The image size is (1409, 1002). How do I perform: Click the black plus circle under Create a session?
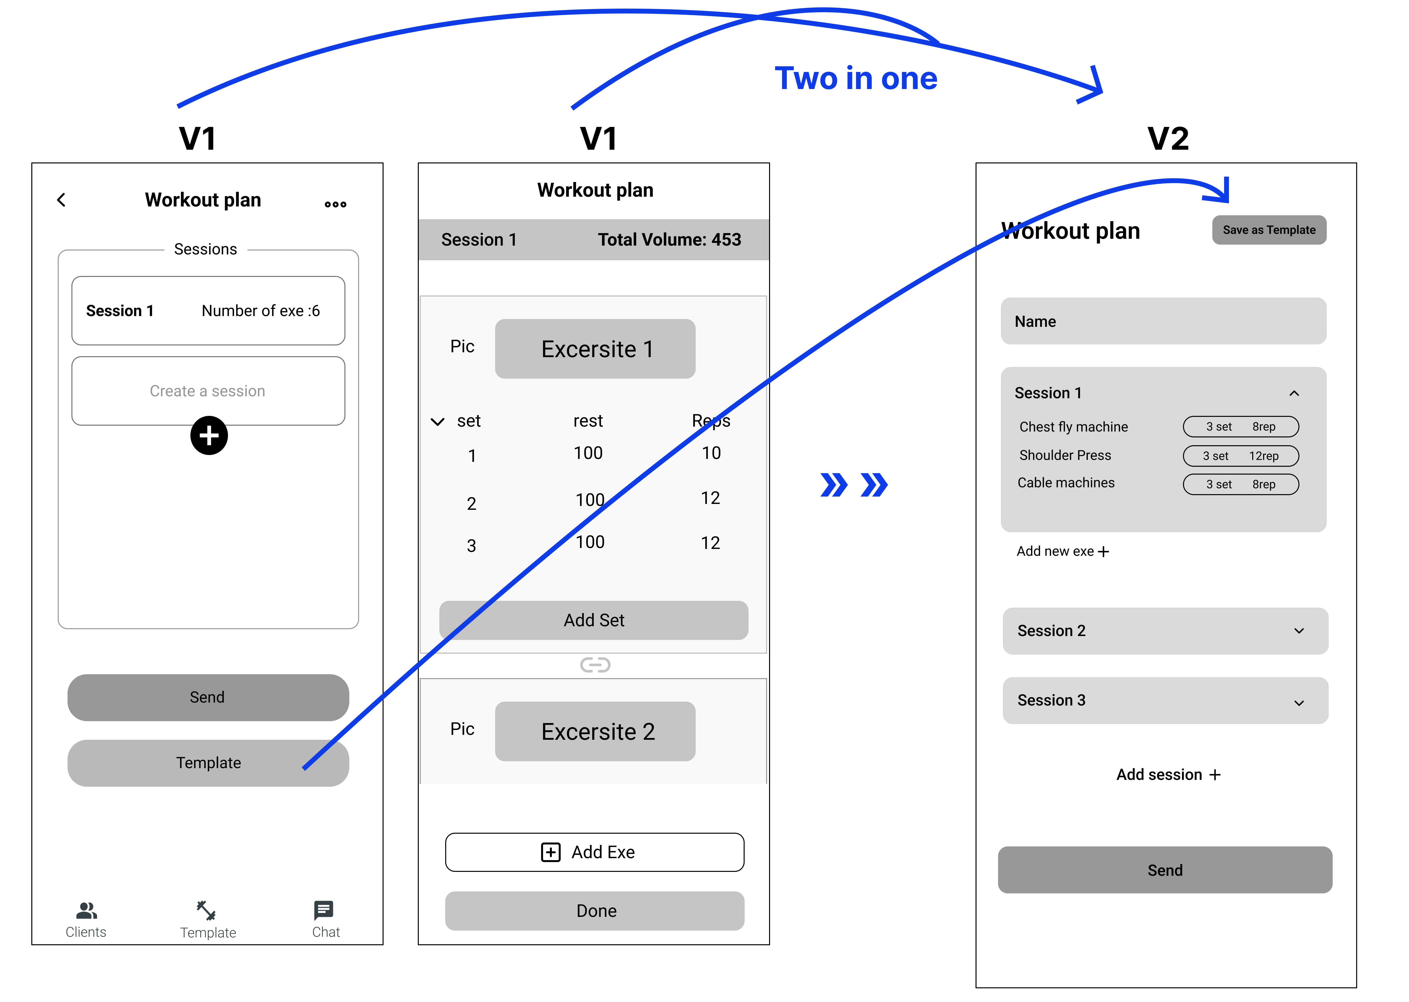[209, 436]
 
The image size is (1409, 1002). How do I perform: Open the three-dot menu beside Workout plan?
[336, 204]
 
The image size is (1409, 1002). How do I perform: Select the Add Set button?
[593, 620]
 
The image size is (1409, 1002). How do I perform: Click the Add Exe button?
[595, 852]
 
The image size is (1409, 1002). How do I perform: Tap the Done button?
[595, 911]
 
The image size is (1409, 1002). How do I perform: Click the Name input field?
[1163, 321]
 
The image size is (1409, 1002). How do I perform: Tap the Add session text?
[1168, 775]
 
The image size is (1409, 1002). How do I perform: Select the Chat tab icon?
[324, 910]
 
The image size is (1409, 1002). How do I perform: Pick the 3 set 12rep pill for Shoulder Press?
[1241, 456]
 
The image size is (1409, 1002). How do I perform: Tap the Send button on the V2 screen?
[1165, 870]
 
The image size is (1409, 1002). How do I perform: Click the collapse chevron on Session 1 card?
[1294, 393]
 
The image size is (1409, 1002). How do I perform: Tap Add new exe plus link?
[1062, 552]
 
